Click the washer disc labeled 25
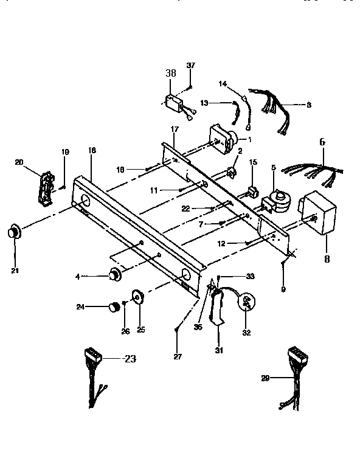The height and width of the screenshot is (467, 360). [137, 297]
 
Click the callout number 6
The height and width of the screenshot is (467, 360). [322, 142]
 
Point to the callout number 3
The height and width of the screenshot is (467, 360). [308, 105]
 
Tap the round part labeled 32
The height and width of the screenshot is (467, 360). [248, 302]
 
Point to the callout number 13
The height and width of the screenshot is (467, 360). [204, 103]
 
